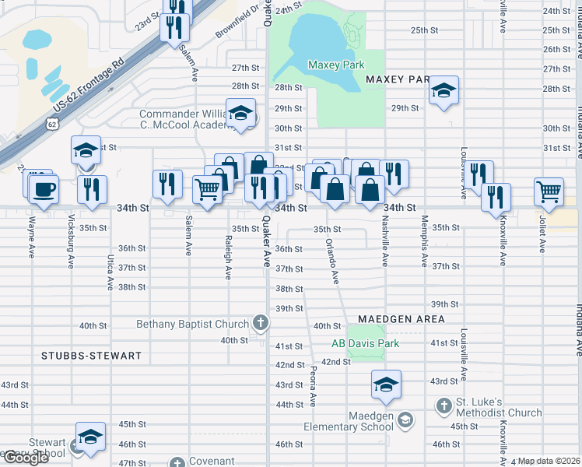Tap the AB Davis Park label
pos(365,343)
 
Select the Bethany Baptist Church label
pos(193,324)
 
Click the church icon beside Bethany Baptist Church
pos(261,323)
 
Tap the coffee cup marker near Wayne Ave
pos(44,188)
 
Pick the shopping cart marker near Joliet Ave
pos(549,191)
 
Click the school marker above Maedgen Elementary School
pos(386,383)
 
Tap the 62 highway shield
pos(51,124)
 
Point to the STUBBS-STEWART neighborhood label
pos(92,356)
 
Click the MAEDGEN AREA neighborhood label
pos(401,319)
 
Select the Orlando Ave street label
pos(332,260)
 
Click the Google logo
pos(26,458)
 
